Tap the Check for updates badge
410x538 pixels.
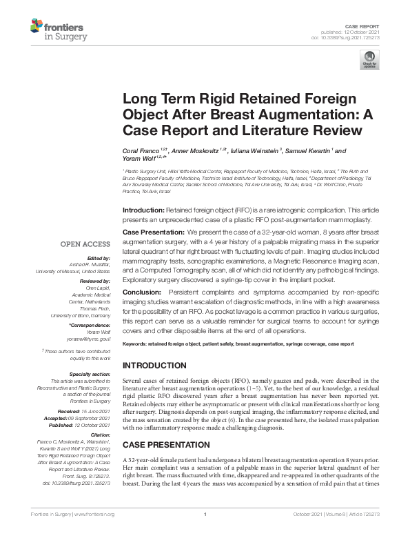(370, 60)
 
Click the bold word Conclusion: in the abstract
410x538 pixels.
(141, 292)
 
